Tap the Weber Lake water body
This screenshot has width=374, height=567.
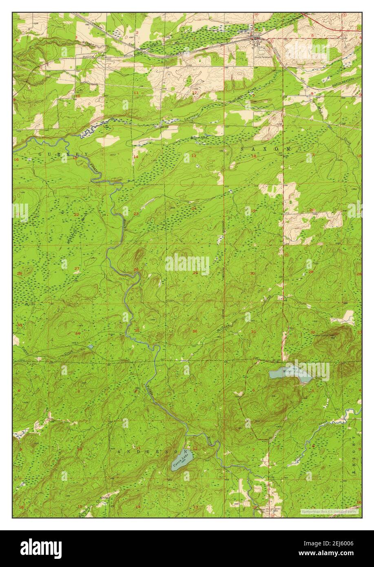point(290,374)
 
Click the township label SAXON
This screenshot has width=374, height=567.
point(266,149)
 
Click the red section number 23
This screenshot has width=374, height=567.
point(136,214)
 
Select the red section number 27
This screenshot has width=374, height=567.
point(77,268)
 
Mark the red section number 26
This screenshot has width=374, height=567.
point(136,270)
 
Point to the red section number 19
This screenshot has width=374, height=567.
point(253,211)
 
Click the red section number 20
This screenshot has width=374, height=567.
point(312,210)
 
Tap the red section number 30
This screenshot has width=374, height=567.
point(253,273)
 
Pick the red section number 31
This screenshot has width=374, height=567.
point(254,332)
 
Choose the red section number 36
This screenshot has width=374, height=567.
point(195,331)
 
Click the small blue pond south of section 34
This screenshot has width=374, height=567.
point(90,347)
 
